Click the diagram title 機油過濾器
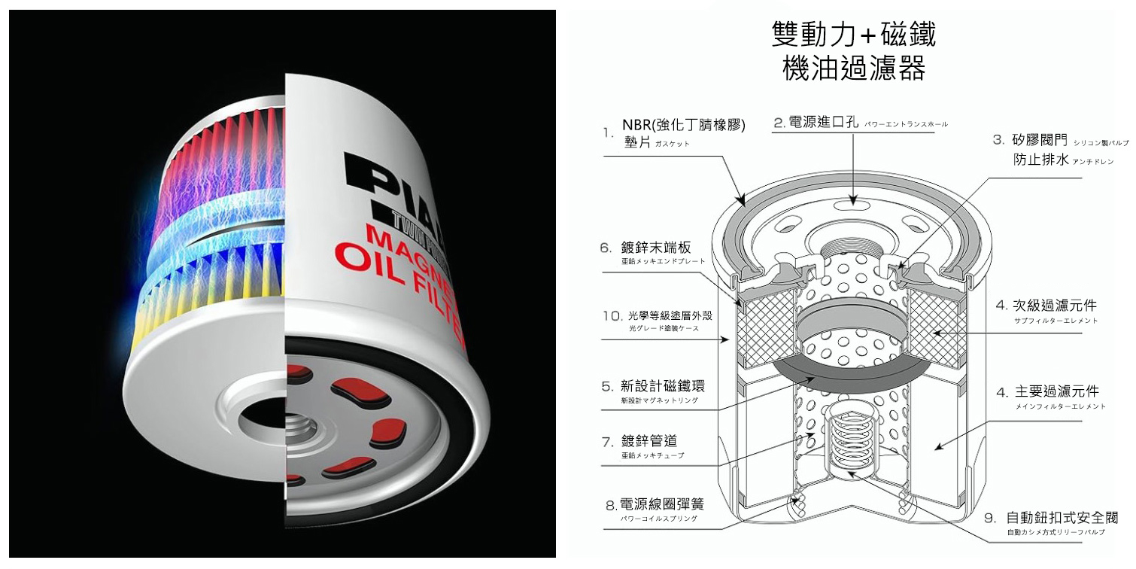(x=854, y=70)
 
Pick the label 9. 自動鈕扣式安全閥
(x=1062, y=518)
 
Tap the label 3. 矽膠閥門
(x=1039, y=139)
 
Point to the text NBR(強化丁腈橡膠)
(x=683, y=125)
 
